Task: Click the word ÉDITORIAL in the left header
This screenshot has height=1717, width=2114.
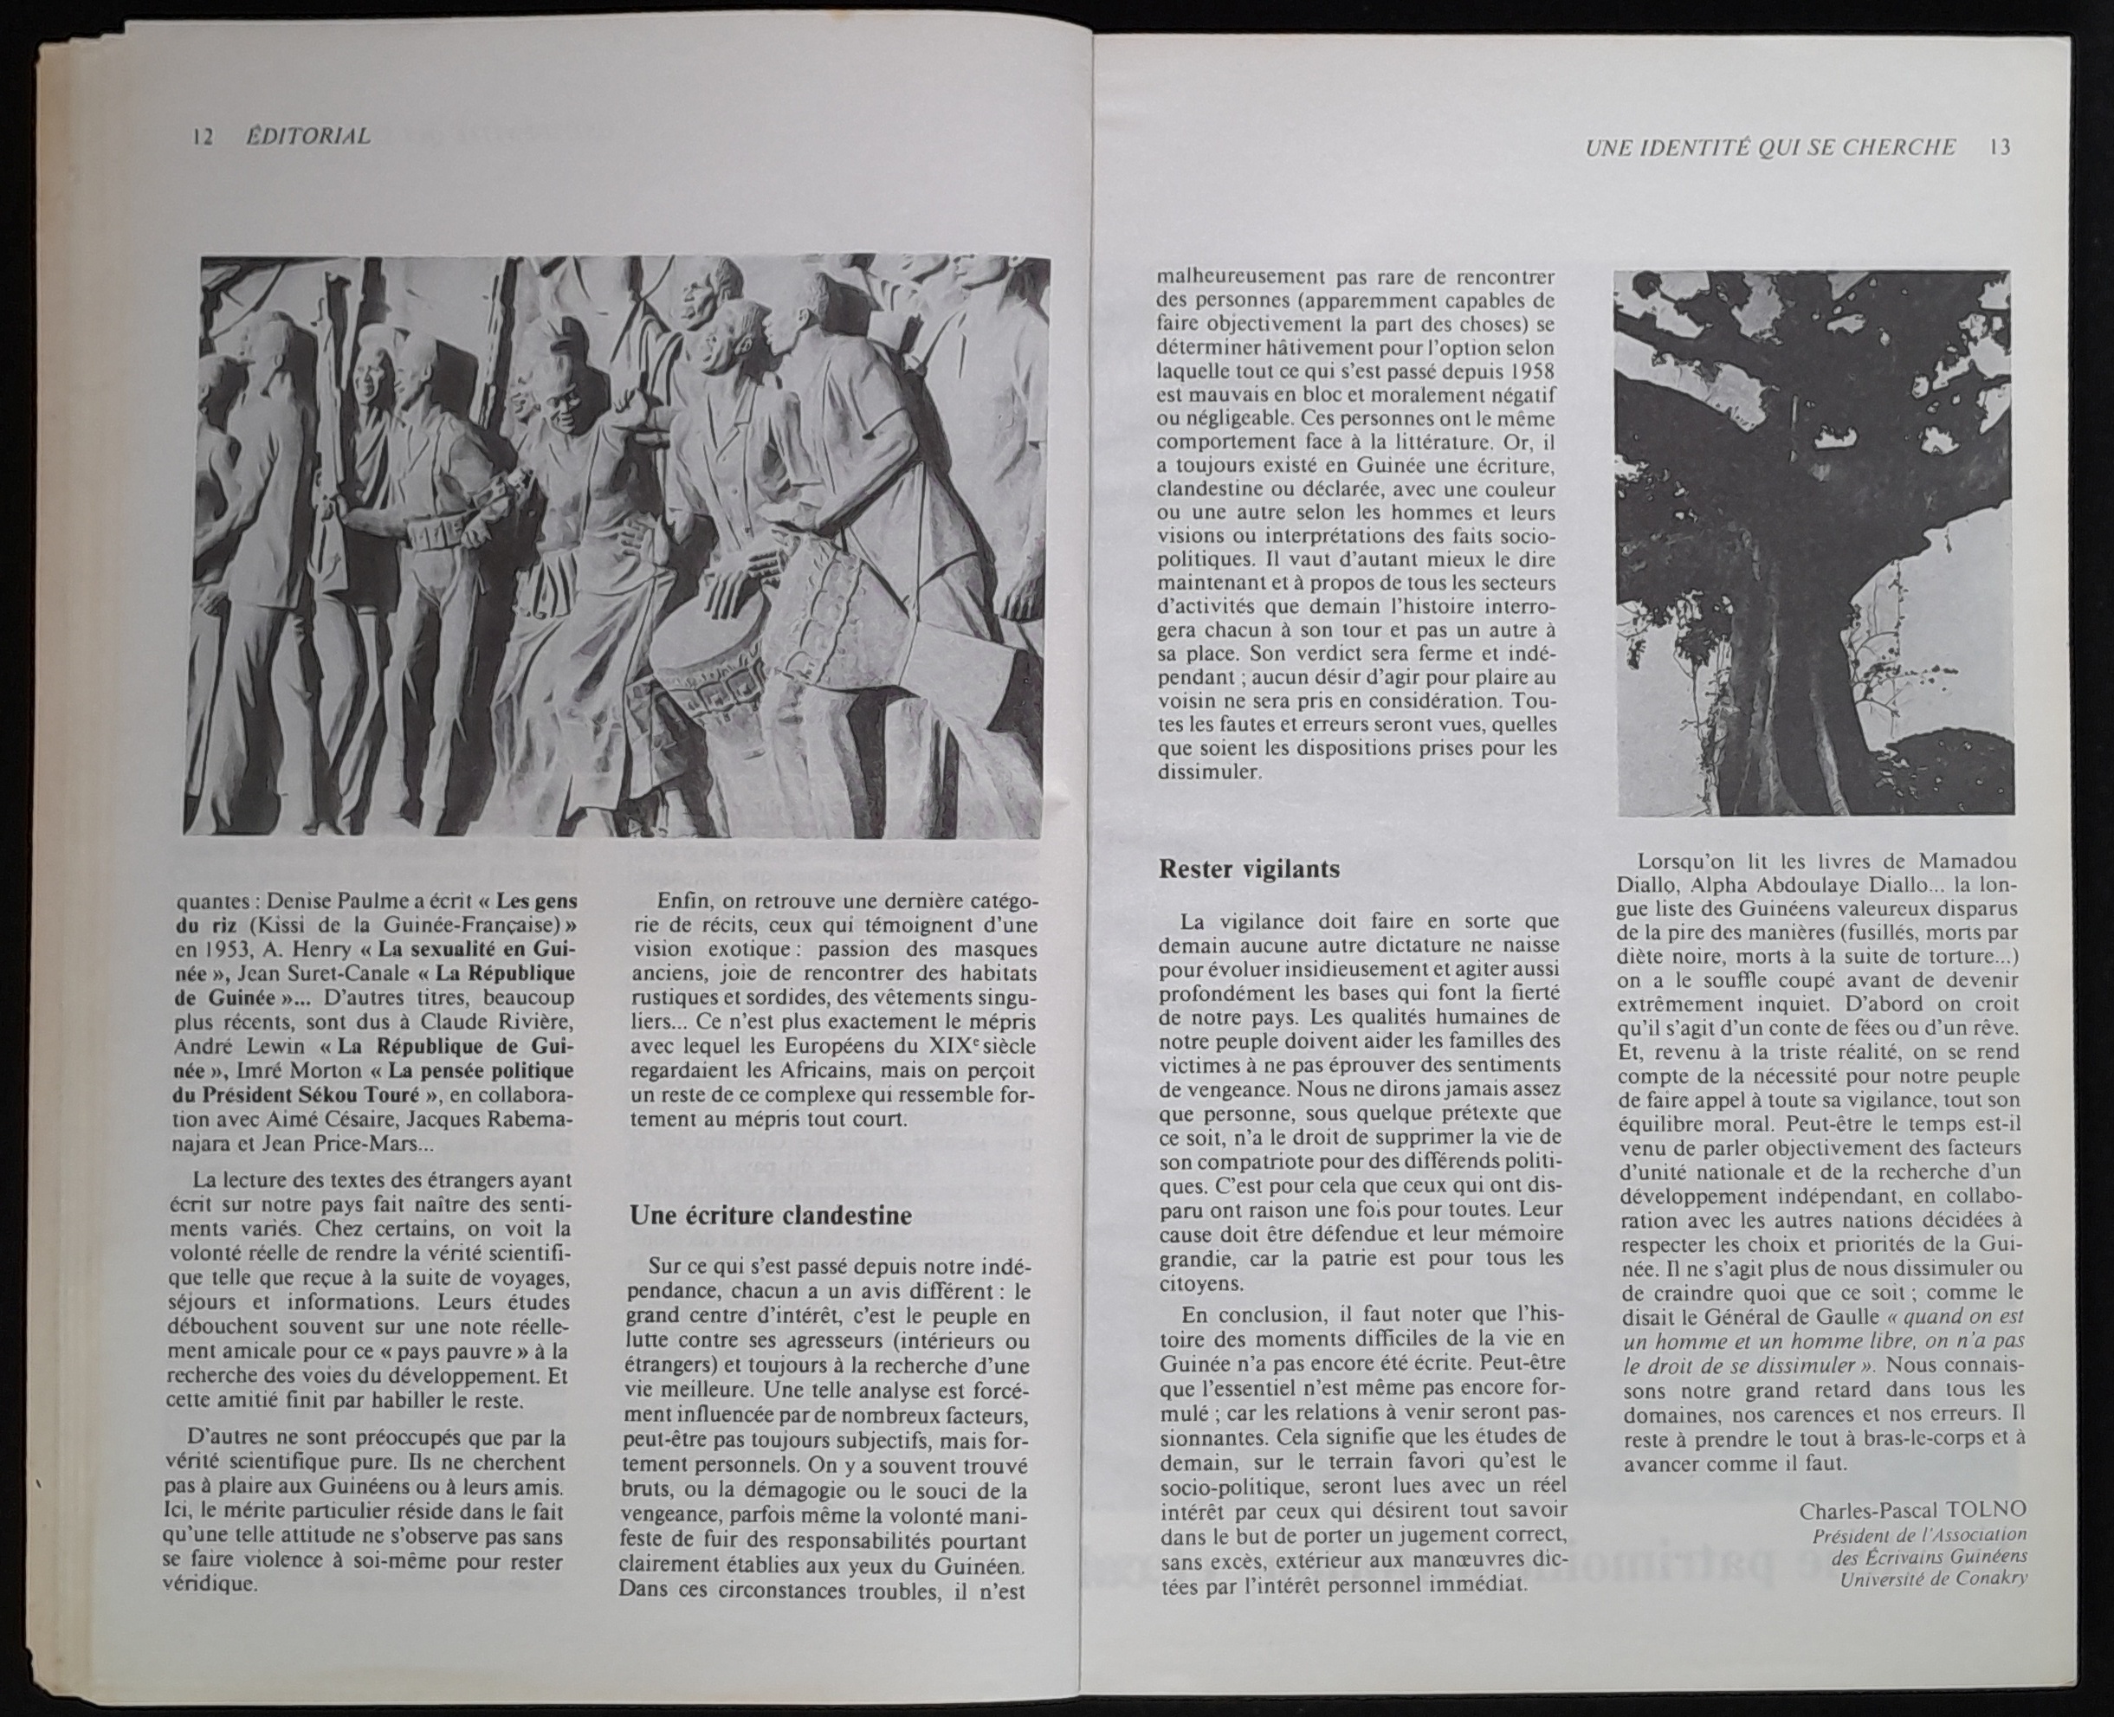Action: [x=307, y=137]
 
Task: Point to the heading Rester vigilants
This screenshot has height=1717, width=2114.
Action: [x=1249, y=868]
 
